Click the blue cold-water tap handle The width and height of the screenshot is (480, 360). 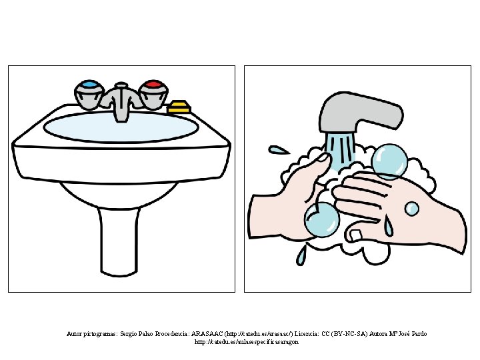pyautogui.click(x=89, y=94)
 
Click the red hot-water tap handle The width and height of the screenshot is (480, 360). pyautogui.click(x=153, y=94)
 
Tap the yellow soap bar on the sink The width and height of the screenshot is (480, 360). pyautogui.click(x=179, y=107)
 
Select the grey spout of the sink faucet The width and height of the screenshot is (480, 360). pyautogui.click(x=121, y=101)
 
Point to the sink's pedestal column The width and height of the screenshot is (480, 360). pyautogui.click(x=119, y=242)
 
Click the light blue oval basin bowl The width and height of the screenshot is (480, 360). pyautogui.click(x=121, y=127)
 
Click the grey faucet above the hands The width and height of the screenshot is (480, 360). pyautogui.click(x=361, y=113)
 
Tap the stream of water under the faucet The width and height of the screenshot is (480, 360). pyautogui.click(x=341, y=149)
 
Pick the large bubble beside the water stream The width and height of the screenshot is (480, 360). pyautogui.click(x=389, y=161)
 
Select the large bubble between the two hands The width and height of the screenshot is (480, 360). pyautogui.click(x=322, y=219)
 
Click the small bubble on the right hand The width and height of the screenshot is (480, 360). pyautogui.click(x=412, y=209)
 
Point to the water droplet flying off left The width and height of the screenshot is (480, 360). pyautogui.click(x=278, y=150)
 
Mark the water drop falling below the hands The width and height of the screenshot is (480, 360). pyautogui.click(x=301, y=254)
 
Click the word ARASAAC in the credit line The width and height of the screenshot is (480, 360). pyautogui.click(x=207, y=334)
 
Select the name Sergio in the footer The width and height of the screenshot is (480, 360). pyautogui.click(x=128, y=334)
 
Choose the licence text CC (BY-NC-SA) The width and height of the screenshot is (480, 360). pyautogui.click(x=344, y=334)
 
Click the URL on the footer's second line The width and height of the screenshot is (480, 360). pyautogui.click(x=247, y=342)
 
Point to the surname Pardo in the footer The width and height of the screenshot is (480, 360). pyautogui.click(x=419, y=334)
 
